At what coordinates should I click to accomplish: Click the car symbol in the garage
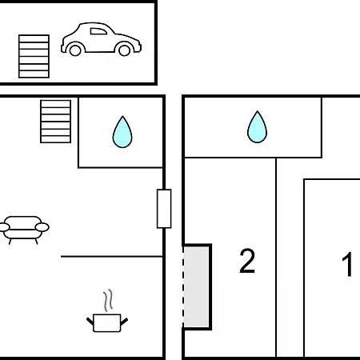tap(101, 39)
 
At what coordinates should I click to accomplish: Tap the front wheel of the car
tap(124, 50)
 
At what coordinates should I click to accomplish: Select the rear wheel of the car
tap(75, 50)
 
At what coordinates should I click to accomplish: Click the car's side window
tap(98, 31)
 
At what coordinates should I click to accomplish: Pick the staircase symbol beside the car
tap(34, 56)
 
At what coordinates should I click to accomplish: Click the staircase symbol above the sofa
tap(55, 122)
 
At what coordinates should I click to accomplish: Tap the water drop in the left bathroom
tap(122, 132)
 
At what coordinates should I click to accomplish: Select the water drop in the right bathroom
tap(257, 127)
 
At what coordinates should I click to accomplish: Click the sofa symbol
tap(24, 230)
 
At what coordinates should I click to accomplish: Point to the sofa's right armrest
tap(42, 227)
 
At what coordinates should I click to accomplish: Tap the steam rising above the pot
tap(108, 300)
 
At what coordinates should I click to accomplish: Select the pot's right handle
tap(124, 322)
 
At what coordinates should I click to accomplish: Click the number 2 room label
tap(247, 261)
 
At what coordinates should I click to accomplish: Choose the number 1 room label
tap(348, 264)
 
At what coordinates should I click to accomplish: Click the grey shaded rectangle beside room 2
tap(196, 287)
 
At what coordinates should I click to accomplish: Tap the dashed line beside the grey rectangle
tap(183, 287)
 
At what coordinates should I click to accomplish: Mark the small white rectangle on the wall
tap(164, 209)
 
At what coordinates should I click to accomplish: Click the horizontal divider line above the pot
tap(112, 257)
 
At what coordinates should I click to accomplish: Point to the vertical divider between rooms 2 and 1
tap(276, 258)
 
